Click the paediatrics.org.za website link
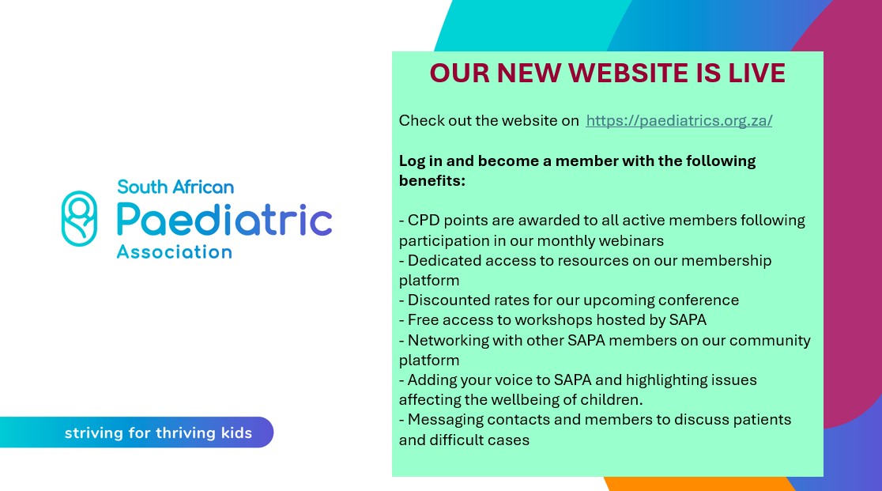[679, 121]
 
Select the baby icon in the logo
[79, 218]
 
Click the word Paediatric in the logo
[224, 220]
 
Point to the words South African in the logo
[175, 187]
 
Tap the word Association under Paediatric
[174, 252]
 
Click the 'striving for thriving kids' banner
[158, 432]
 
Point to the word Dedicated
[443, 260]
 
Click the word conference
[699, 300]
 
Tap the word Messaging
[445, 420]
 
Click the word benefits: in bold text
[432, 181]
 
